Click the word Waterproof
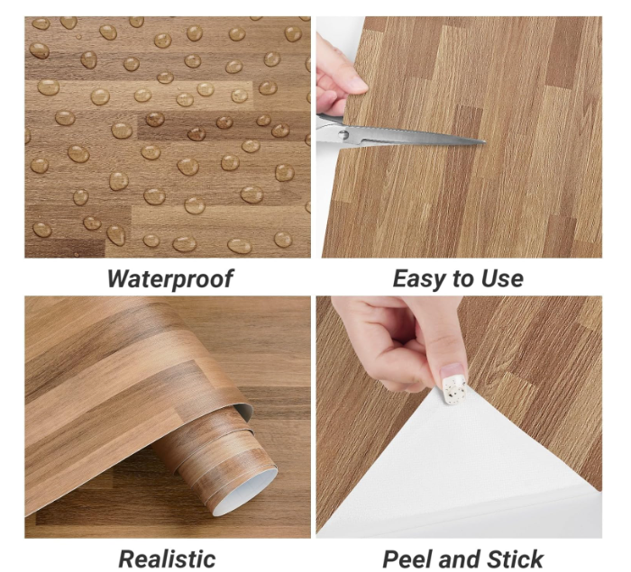tap(170, 278)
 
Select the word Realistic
tap(168, 558)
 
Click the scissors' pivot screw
tap(344, 136)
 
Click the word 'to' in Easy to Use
tap(458, 278)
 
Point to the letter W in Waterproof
tap(118, 278)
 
